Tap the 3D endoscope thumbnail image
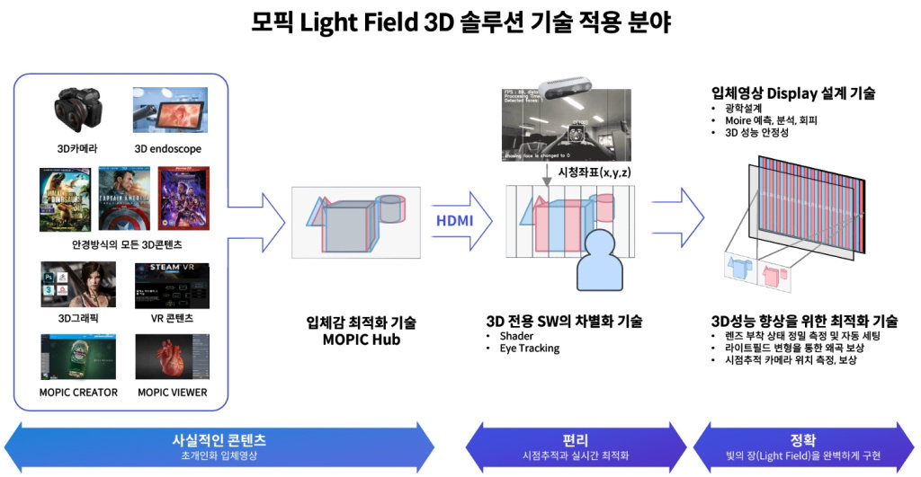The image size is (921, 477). pos(168,110)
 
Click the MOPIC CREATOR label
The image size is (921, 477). pos(78,393)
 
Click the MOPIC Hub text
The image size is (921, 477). pos(361,340)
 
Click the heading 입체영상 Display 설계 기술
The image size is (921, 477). pos(793,93)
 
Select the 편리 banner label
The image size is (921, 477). pos(574,440)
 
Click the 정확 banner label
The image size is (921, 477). pos(803,440)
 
